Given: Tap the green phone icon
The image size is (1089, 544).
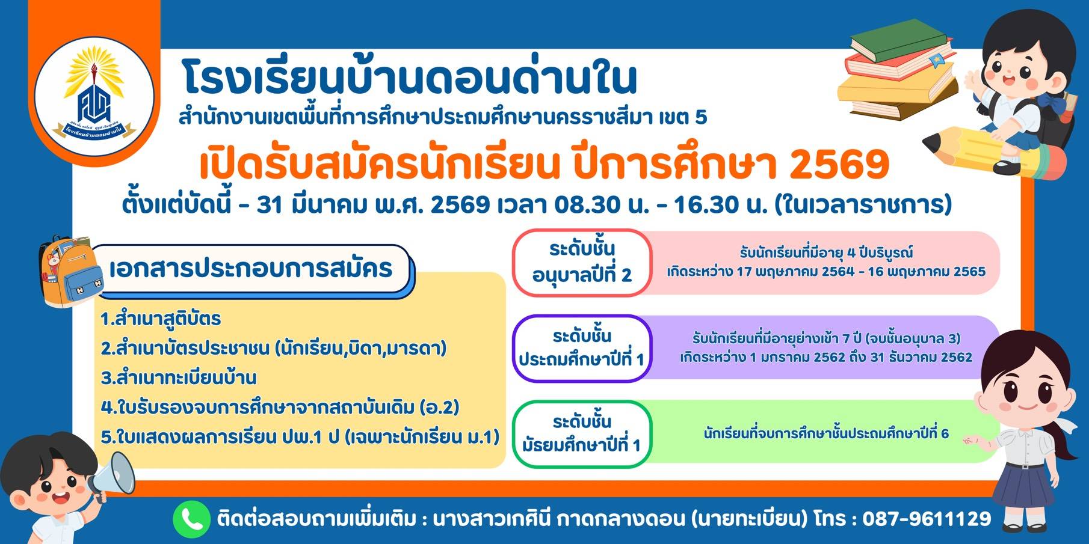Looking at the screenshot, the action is coord(191,519).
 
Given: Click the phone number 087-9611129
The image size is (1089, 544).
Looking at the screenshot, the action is coord(927,518).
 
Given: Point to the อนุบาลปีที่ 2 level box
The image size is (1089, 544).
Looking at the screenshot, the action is coord(582,263).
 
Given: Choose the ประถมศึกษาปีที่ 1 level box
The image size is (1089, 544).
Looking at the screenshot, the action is coord(582,349).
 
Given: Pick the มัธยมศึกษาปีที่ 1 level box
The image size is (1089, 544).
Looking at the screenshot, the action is coord(582,434).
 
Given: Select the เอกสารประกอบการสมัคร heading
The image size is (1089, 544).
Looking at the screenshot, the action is coord(251,268).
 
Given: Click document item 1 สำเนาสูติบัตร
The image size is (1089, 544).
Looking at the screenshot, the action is coord(161,319).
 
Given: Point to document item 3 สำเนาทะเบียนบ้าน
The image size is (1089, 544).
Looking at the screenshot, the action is coord(179,377).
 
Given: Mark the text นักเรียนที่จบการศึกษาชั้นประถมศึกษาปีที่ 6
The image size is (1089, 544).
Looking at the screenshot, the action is coord(826,433).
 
